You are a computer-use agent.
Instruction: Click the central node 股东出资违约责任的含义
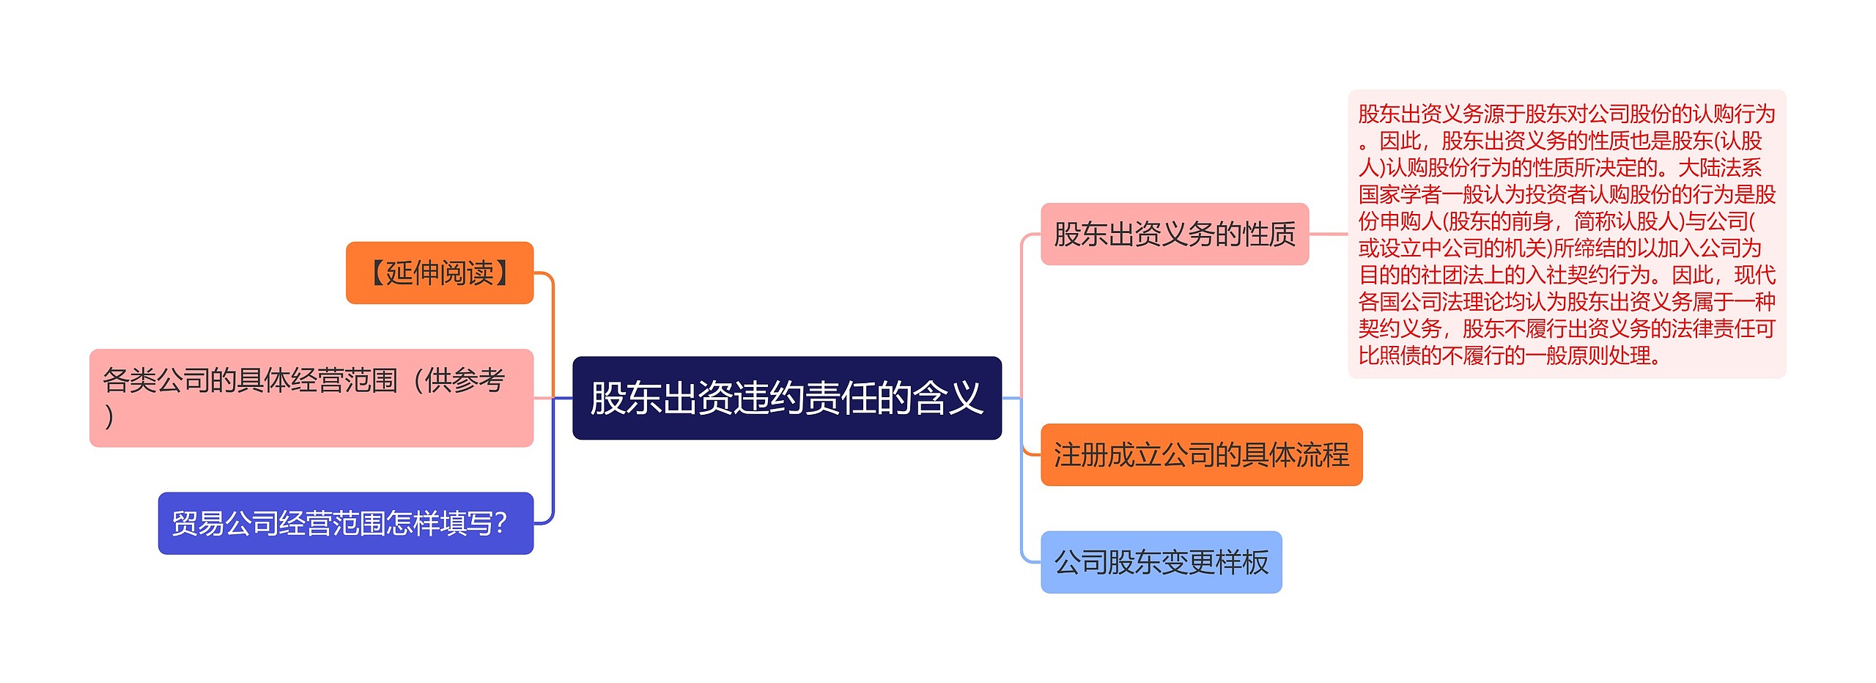786,398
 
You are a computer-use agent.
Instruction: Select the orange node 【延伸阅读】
439,273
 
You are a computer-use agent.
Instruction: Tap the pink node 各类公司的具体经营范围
311,398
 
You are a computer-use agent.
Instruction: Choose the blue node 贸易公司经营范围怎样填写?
345,523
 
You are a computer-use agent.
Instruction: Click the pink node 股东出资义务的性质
1174,235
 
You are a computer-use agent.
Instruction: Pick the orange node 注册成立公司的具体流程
1201,455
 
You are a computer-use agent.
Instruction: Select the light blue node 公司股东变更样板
1161,562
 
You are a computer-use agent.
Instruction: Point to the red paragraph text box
1566,235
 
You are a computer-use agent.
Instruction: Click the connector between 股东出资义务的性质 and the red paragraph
1328,235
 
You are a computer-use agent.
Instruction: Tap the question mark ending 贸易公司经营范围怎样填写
501,523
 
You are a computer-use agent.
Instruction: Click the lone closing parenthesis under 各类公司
109,416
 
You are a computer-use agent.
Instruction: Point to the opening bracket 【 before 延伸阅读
375,273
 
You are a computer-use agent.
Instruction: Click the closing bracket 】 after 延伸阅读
503,273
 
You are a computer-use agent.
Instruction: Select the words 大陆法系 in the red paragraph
1719,168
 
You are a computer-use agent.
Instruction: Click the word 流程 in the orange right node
1322,455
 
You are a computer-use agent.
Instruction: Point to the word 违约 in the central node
769,398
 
